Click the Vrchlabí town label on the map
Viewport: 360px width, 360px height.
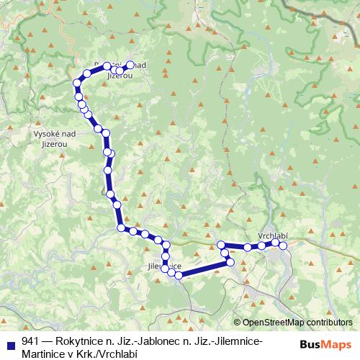(x=272, y=235)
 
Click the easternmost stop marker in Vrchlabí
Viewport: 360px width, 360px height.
(x=283, y=246)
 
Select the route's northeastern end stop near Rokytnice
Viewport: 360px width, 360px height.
(x=130, y=63)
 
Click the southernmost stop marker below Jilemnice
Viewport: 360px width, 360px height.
(x=178, y=274)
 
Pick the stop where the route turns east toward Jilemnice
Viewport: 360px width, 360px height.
(x=121, y=228)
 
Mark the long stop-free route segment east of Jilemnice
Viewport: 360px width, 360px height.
(x=205, y=269)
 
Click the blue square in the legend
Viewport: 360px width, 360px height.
(x=10, y=341)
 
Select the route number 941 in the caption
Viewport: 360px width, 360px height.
(x=30, y=341)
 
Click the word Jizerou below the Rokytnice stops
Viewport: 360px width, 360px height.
(x=119, y=74)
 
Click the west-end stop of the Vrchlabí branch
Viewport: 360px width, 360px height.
(x=221, y=245)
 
